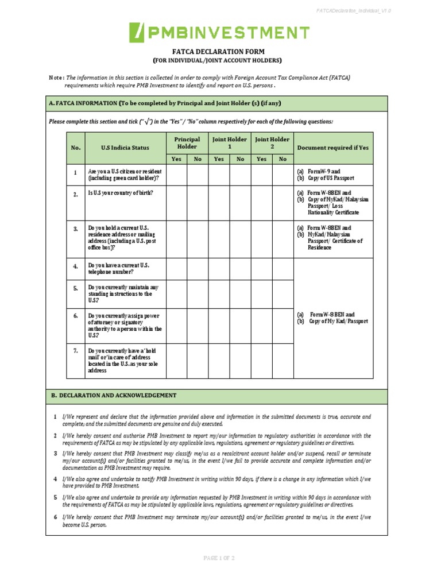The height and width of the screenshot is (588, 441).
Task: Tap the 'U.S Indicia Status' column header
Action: (125, 148)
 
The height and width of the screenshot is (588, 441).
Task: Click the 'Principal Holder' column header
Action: (187, 143)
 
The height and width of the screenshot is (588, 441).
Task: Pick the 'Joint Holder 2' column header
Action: (272, 143)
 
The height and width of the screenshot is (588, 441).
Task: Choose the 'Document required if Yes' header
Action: (333, 148)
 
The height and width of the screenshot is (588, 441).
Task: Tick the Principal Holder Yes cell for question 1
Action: (176, 175)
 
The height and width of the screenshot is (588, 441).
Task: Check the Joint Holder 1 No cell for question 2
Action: (241, 203)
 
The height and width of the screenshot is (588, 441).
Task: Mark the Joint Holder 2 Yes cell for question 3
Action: (262, 239)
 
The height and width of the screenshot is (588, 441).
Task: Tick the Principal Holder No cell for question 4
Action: (198, 269)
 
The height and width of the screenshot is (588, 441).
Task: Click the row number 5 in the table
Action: (75, 288)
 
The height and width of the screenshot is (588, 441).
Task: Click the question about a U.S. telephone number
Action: (119, 269)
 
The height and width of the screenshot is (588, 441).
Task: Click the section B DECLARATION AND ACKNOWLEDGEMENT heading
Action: (114, 396)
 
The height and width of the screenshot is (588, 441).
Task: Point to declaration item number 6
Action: (55, 517)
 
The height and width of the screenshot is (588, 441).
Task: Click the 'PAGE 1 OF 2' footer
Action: (220, 558)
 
